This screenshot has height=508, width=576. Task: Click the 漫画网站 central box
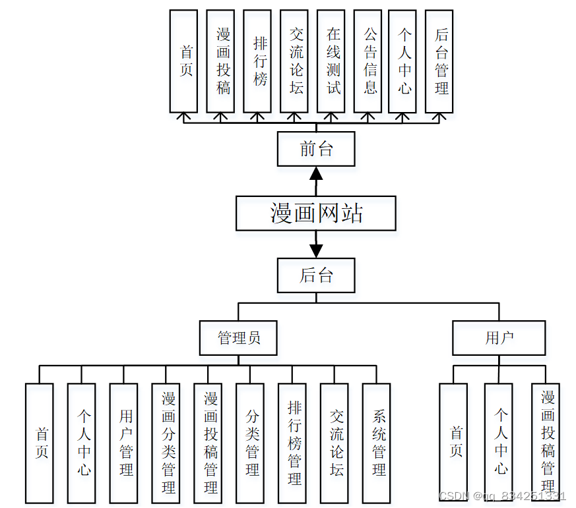tap(316, 213)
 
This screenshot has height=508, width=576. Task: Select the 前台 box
tap(316, 148)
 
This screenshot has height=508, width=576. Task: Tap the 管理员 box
tap(238, 338)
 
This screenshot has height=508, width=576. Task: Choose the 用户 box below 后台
tap(499, 338)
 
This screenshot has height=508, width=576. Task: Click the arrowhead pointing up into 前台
tap(316, 173)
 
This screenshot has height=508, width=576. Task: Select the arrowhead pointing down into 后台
tap(316, 251)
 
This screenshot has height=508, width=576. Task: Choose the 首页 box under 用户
tap(456, 443)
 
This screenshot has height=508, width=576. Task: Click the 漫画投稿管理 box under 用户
tap(548, 443)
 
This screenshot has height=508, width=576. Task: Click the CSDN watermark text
tap(501, 495)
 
